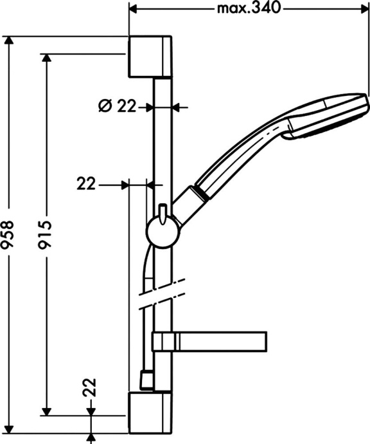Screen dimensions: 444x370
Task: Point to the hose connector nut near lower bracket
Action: [x=146, y=381]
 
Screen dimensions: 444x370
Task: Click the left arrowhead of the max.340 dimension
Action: [x=134, y=9]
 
